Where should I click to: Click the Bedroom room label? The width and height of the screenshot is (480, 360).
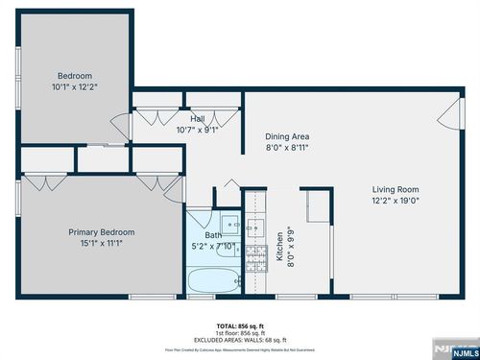(74, 76)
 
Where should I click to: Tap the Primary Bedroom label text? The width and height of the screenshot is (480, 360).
(101, 232)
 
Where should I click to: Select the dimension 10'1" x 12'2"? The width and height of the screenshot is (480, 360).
(74, 86)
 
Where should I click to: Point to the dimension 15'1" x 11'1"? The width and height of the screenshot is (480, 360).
(101, 244)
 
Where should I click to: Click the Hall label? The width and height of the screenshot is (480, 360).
(197, 118)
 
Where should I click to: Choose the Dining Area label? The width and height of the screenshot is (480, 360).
(287, 136)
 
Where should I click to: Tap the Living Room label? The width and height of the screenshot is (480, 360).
(396, 189)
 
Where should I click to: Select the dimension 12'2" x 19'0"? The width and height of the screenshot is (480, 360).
(396, 201)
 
